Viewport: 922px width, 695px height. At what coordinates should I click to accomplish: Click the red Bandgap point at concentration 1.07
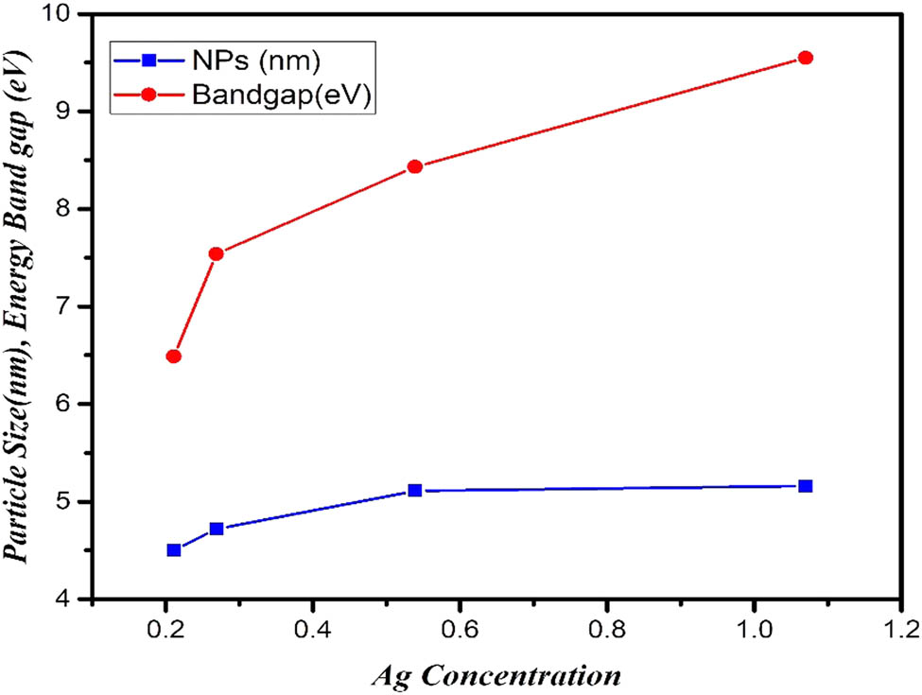click(x=806, y=58)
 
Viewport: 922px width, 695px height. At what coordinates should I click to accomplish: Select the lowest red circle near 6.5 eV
click(x=173, y=356)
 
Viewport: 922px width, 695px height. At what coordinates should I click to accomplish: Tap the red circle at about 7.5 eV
click(x=216, y=253)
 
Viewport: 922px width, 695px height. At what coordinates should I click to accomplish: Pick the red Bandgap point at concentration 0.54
click(x=414, y=166)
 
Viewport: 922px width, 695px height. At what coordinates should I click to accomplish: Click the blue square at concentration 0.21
click(x=174, y=550)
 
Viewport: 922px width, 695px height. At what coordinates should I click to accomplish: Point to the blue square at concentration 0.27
click(x=216, y=529)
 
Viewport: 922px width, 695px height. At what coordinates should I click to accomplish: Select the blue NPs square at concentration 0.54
click(x=414, y=491)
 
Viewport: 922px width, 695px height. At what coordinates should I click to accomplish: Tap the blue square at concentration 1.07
click(x=806, y=486)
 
